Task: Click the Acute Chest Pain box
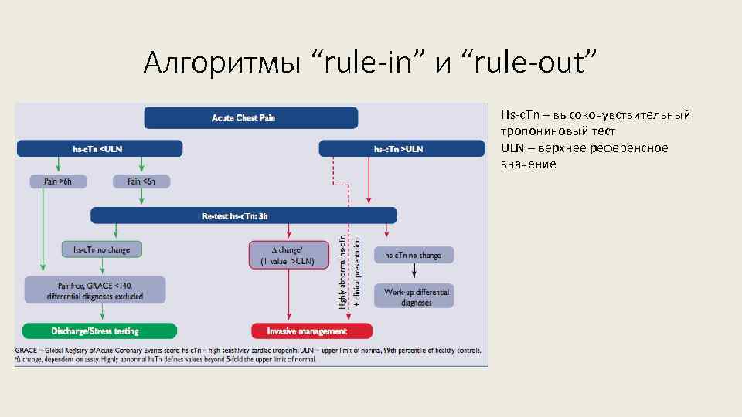tap(251, 117)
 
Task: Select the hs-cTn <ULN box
tap(100, 148)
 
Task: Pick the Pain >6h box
tap(58, 181)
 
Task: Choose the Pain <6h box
tap(140, 181)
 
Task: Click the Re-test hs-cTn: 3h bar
tap(243, 215)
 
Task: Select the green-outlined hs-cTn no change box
tap(102, 249)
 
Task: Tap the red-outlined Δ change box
tap(287, 255)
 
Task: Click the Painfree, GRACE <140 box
tap(94, 290)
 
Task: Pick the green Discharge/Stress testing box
tap(99, 331)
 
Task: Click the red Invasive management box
tap(311, 331)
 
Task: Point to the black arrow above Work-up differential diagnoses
tap(415, 270)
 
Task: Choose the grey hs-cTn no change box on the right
tap(414, 255)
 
